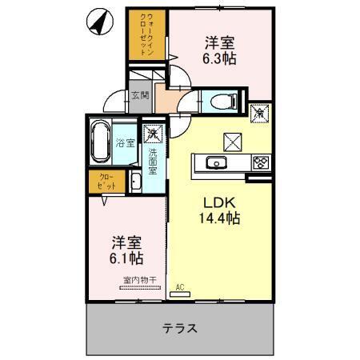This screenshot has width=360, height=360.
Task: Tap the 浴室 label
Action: point(124,145)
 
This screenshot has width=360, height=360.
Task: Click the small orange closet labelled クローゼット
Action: point(106,181)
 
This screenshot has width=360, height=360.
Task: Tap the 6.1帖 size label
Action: point(126,259)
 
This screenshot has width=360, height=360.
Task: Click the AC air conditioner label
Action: point(180,286)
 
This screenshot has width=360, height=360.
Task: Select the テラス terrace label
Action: point(181,328)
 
